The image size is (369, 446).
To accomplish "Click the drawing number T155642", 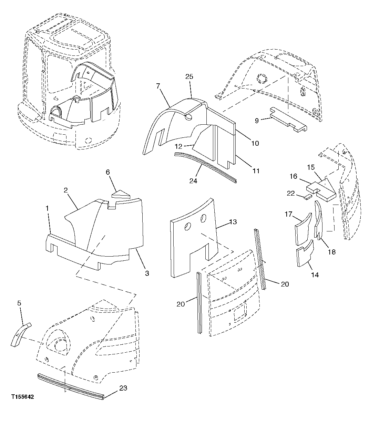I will tap(22, 397).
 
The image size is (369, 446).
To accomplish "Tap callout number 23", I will tap(123, 388).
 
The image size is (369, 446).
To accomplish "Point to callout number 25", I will tap(189, 76).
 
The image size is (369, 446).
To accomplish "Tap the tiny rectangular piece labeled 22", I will tap(308, 197).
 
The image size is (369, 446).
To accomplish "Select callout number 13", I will tap(233, 222).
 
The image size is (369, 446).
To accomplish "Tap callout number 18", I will tap(331, 252).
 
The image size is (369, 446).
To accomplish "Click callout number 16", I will tap(294, 176).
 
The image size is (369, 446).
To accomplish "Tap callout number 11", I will tap(256, 170).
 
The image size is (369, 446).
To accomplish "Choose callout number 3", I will tap(147, 273).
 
